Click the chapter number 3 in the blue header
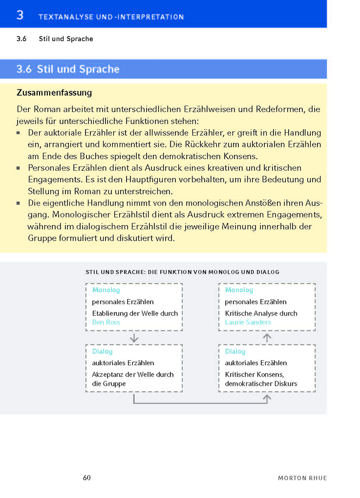pyautogui.click(x=20, y=15)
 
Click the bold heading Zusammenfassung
pyautogui.click(x=54, y=92)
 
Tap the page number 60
pyautogui.click(x=87, y=477)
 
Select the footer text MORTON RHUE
pyautogui.click(x=302, y=478)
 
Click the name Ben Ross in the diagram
pyautogui.click(x=106, y=322)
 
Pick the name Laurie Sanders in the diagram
pyautogui.click(x=248, y=322)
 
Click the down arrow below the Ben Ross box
pyautogui.click(x=134, y=338)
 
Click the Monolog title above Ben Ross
pyautogui.click(x=106, y=290)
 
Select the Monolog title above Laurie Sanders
pyautogui.click(x=239, y=290)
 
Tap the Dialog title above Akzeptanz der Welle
pyautogui.click(x=102, y=351)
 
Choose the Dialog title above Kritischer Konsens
pyautogui.click(x=235, y=351)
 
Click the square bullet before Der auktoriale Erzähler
pyautogui.click(x=19, y=133)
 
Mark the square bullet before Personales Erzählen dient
pyautogui.click(x=19, y=168)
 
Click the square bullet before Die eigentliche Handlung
pyautogui.click(x=19, y=203)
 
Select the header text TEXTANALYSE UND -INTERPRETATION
pyautogui.click(x=111, y=17)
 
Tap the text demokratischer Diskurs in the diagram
pyautogui.click(x=261, y=384)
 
